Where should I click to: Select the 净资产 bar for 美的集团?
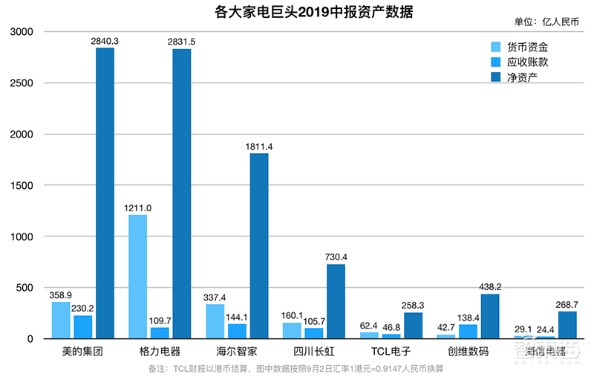click(105, 193)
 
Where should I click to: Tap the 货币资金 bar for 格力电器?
click(137, 277)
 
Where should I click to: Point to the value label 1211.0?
click(137, 208)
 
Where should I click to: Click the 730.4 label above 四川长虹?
click(336, 257)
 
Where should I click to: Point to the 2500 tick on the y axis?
click(22, 83)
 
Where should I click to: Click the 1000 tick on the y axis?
click(22, 236)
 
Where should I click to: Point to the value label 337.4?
click(215, 297)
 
